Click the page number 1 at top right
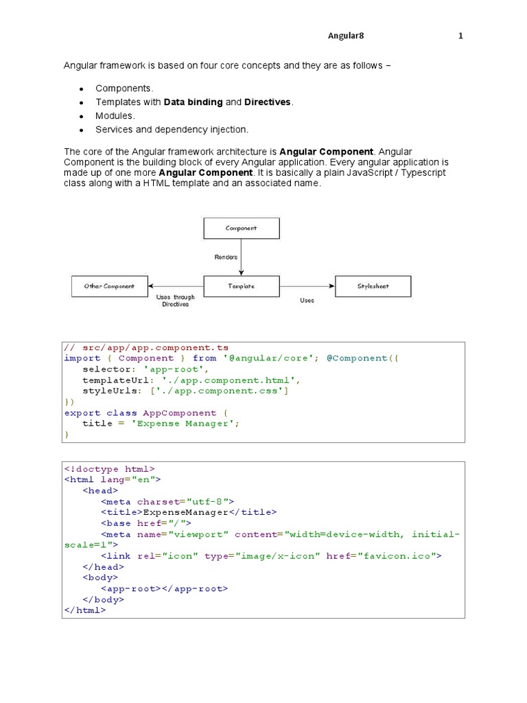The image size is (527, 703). point(461,36)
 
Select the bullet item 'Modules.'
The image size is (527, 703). point(115,115)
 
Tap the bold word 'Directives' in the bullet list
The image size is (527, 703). point(268,102)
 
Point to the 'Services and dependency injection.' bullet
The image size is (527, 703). point(172,129)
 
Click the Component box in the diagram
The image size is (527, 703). point(241,228)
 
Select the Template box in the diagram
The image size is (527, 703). point(241,286)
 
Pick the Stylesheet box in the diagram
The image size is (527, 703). point(373,286)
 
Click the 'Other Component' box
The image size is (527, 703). point(109,286)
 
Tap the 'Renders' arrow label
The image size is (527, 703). point(226,257)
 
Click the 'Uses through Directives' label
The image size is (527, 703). point(176,301)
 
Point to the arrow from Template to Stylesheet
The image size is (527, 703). point(307,286)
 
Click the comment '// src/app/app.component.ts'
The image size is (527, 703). point(146,348)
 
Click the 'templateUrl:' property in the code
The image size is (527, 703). point(119,380)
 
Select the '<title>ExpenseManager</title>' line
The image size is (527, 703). point(189,512)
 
